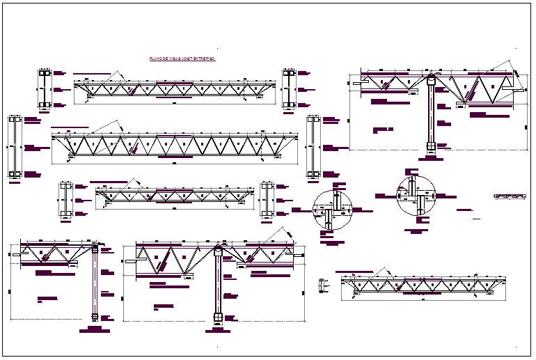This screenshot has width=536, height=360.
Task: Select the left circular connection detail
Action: click(x=333, y=209)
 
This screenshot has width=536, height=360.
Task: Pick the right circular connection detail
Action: click(x=416, y=196)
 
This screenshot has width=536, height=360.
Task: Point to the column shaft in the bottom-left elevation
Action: click(x=95, y=282)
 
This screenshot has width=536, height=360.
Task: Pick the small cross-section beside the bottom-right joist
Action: click(x=322, y=285)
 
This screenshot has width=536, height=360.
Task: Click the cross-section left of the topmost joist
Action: click(x=45, y=88)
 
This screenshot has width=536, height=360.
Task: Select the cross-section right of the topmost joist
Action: click(x=290, y=88)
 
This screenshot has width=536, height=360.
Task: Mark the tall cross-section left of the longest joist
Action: click(x=15, y=147)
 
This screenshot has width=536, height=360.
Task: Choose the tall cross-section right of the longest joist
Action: click(x=314, y=147)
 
